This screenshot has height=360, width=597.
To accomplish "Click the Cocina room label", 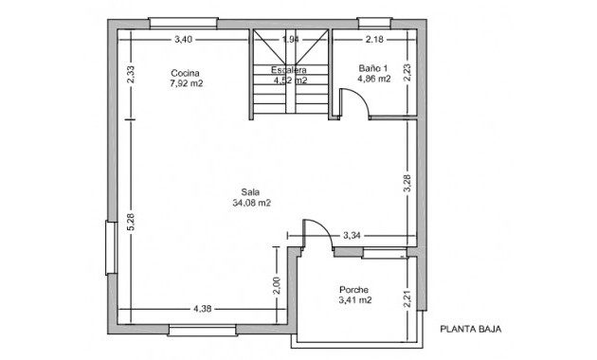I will coord(185,73).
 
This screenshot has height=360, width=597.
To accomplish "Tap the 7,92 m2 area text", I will coord(186,83).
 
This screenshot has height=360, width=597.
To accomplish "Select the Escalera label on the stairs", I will coord(288,70).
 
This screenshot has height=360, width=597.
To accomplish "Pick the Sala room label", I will coord(250,190).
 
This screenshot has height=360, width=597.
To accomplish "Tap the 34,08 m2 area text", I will coord(251,202).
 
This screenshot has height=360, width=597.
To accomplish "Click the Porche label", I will coord(353,290).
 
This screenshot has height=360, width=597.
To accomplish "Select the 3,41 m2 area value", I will coord(354,301).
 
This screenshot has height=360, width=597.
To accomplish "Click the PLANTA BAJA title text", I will coord(470,330).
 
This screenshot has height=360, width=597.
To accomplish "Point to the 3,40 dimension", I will coord(184,39).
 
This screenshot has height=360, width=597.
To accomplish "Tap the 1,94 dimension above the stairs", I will coord(291,39).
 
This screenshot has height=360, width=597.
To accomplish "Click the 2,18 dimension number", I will coord(374,39).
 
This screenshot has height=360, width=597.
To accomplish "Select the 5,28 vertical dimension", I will coord(132,221).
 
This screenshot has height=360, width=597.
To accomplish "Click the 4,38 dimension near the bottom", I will coord(202,309).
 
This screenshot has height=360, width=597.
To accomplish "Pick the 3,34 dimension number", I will coord(352,234).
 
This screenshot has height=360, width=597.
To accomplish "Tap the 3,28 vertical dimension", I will coord(407,184).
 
